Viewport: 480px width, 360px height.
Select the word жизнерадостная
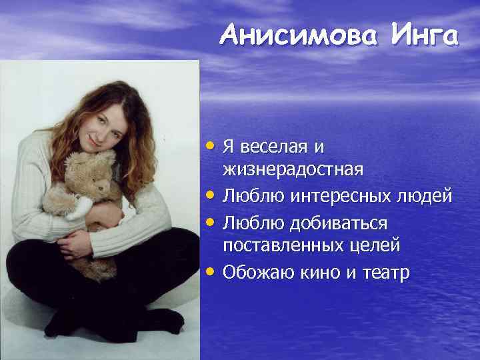point(293,169)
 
